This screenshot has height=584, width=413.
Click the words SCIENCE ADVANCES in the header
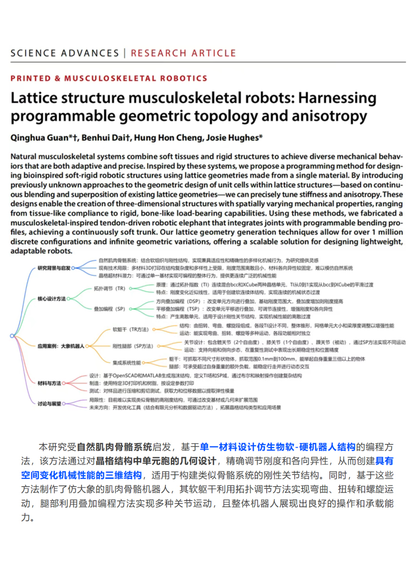tap(64, 53)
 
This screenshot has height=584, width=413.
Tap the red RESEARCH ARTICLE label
tap(184, 53)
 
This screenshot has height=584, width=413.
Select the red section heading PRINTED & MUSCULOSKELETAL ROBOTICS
tap(109, 78)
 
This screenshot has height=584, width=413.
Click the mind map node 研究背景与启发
tap(54, 267)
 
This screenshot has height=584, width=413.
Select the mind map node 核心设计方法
tap(51, 299)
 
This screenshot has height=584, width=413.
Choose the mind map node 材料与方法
tap(49, 382)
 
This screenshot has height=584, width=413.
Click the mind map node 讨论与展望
tap(49, 403)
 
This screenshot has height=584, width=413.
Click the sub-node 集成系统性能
tap(126, 362)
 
